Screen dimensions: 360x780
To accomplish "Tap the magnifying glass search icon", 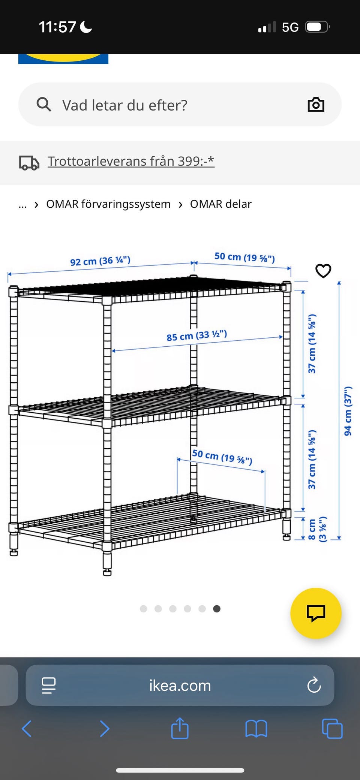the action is click(43, 105).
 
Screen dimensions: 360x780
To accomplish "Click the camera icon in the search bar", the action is click(316, 105).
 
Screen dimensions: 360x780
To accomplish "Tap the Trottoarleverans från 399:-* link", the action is click(131, 161).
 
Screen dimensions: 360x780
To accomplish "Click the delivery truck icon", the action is click(29, 163).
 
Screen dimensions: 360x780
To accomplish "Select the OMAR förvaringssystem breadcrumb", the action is click(108, 204).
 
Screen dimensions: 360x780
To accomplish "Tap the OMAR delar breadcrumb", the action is click(220, 204).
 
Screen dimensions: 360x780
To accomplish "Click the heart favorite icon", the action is click(323, 271).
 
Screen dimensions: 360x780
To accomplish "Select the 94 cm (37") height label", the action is click(348, 411).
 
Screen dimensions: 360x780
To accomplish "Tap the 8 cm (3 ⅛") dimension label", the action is click(317, 530).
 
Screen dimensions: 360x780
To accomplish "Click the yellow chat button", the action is click(316, 613).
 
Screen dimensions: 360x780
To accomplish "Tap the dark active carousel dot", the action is click(217, 609).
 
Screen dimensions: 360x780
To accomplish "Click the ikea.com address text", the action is click(180, 686).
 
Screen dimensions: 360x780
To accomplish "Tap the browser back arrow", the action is click(27, 729).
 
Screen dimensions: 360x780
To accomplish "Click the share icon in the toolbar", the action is click(180, 728).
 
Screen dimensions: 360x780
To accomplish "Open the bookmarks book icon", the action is click(256, 729).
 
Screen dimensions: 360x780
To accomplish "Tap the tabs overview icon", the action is click(332, 729).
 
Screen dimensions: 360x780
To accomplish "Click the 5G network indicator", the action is click(290, 27).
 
